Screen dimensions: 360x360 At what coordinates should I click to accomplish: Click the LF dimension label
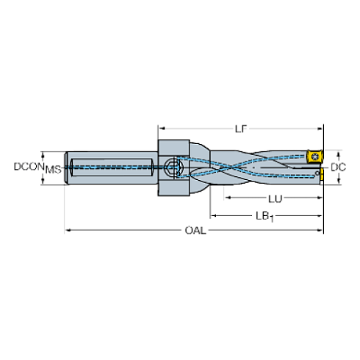(x=241, y=129)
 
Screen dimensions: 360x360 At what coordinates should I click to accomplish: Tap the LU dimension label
(x=276, y=199)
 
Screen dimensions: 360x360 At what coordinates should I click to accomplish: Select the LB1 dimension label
(x=264, y=217)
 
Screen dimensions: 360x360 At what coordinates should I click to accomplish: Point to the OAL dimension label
(x=195, y=231)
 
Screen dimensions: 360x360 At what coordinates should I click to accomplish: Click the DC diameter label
(x=338, y=168)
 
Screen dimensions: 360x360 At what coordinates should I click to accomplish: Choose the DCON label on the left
(x=29, y=167)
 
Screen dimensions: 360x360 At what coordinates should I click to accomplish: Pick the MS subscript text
(x=53, y=170)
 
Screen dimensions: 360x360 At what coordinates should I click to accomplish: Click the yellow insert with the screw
(x=314, y=156)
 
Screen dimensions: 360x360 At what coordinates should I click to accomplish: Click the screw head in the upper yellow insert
(x=315, y=156)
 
